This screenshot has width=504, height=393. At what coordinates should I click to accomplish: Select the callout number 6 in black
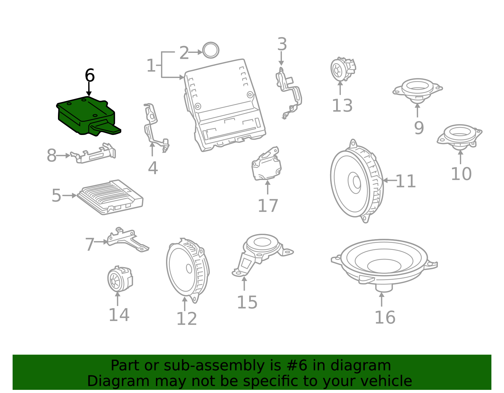[89, 75]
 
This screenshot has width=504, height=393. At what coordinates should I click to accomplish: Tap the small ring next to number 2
[211, 50]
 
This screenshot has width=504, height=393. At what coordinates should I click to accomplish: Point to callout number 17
[268, 206]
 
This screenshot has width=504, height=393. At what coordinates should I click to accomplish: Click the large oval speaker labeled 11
[356, 181]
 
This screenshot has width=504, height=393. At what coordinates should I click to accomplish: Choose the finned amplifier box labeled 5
[110, 197]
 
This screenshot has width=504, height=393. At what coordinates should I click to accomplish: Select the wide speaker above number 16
[384, 266]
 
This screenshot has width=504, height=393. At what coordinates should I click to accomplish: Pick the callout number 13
[342, 106]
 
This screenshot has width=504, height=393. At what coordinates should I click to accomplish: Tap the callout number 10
[461, 174]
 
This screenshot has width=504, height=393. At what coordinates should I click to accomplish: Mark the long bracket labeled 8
[93, 154]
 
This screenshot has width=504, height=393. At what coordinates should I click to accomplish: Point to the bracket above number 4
[155, 128]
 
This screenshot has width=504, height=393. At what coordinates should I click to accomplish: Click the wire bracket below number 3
[289, 93]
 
